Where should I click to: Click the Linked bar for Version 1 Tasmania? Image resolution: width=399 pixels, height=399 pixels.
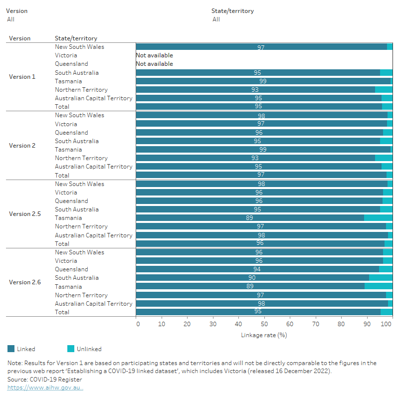(263, 81)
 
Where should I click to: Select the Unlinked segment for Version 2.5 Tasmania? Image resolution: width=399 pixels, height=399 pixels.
(378, 218)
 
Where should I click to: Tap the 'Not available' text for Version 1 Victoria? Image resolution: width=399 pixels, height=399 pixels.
(155, 55)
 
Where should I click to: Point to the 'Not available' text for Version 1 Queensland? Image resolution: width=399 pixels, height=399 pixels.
(155, 64)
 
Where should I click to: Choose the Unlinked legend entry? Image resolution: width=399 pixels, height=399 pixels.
(84, 349)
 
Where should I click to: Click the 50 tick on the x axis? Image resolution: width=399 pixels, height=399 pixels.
(264, 324)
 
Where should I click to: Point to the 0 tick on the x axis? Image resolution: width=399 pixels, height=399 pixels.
(138, 324)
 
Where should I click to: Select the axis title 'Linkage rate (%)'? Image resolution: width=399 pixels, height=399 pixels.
(264, 335)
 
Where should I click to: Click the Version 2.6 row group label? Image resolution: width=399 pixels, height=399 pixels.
(24, 282)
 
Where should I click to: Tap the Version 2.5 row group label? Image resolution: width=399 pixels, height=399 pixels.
(24, 214)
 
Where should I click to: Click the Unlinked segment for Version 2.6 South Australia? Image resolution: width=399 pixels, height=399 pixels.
(381, 278)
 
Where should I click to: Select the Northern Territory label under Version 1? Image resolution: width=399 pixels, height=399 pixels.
(81, 90)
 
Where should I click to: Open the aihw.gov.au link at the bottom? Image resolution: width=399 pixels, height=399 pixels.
(45, 388)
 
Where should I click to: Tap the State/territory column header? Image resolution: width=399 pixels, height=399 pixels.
(76, 38)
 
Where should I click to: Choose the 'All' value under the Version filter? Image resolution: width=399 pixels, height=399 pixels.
(10, 19)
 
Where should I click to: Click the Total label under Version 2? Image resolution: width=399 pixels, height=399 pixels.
(62, 176)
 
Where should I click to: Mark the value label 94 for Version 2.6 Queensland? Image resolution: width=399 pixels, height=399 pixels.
(257, 269)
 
